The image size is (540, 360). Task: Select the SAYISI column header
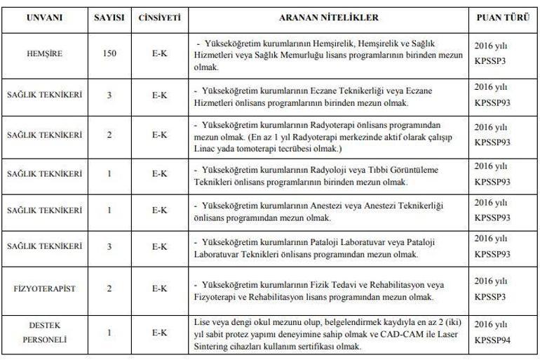pyautogui.click(x=109, y=17)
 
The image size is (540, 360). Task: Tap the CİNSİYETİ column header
pyautogui.click(x=159, y=17)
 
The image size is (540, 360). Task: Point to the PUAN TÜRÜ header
pyautogui.click(x=502, y=17)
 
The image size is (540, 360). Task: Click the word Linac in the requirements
pyautogui.click(x=203, y=149)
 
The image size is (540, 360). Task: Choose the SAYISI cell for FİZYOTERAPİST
pyautogui.click(x=109, y=288)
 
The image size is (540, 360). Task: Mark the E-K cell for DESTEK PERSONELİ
pyautogui.click(x=159, y=332)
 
